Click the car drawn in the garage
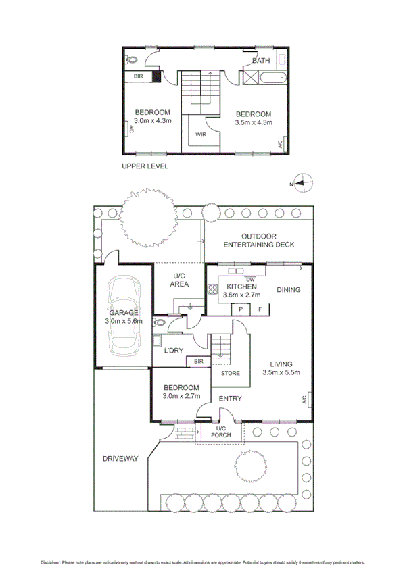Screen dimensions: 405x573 coord(124,316)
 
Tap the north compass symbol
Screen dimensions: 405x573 coord(304,182)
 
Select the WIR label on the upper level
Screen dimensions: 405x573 coord(201,135)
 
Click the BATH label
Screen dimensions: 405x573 coord(261,61)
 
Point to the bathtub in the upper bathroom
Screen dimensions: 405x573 coord(272,78)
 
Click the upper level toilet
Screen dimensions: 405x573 coord(131,59)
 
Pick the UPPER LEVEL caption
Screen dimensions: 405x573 coord(145,166)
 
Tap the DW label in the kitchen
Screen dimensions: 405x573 coord(250,280)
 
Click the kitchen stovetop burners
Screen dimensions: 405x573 coord(213,289)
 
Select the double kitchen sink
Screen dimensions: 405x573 coord(236,271)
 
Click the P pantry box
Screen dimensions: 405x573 coord(241,309)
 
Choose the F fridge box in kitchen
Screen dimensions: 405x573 coord(260,309)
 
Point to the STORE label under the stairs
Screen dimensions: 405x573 coord(231,373)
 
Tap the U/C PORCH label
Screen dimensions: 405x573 coord(221,432)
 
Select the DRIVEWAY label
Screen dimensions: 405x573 coord(120,459)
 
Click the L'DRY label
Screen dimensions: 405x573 coord(173,351)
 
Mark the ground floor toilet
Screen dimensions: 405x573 coord(160,322)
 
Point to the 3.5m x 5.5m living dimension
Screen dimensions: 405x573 coord(281,372)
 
